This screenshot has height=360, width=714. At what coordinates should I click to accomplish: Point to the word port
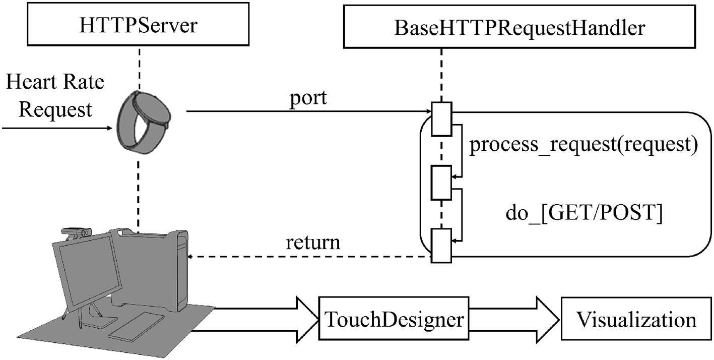pyautogui.click(x=309, y=98)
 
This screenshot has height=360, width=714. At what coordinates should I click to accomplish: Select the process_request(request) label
pyautogui.click(x=582, y=146)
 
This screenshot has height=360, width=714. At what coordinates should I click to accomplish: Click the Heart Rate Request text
pyautogui.click(x=55, y=95)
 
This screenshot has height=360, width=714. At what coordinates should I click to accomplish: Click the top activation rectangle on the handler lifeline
pyautogui.click(x=441, y=118)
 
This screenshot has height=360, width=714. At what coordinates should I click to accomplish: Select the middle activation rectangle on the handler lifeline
pyautogui.click(x=441, y=182)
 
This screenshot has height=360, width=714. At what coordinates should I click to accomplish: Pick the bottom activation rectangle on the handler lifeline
pyautogui.click(x=441, y=246)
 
